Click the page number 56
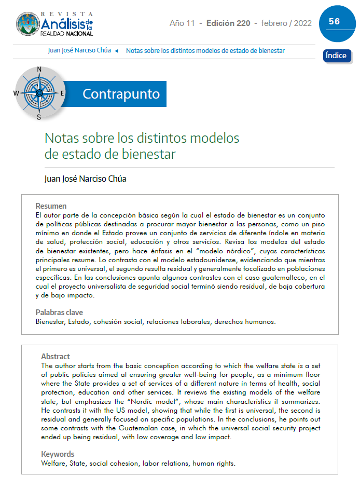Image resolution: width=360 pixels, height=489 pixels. click(334, 21)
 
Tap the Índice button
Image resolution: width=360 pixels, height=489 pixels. click(337, 56)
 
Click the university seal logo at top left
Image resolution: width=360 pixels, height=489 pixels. click(28, 24)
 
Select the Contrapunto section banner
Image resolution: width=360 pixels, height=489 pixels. click(121, 94)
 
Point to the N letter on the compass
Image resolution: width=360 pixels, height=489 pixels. click(39, 70)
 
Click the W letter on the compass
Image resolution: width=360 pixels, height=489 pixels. click(16, 93)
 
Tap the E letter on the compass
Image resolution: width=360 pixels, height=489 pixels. click(62, 93)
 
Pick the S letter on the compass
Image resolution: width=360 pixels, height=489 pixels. click(38, 117)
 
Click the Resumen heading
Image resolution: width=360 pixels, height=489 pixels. click(51, 206)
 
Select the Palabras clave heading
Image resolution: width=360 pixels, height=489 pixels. click(59, 313)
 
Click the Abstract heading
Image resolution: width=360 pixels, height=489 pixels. click(56, 357)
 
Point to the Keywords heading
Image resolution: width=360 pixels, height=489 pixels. click(58, 454)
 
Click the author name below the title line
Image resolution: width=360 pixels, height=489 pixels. click(86, 179)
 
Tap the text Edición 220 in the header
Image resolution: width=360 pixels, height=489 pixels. click(228, 23)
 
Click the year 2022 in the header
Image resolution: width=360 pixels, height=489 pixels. click(303, 23)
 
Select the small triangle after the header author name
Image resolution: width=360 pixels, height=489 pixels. click(116, 51)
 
